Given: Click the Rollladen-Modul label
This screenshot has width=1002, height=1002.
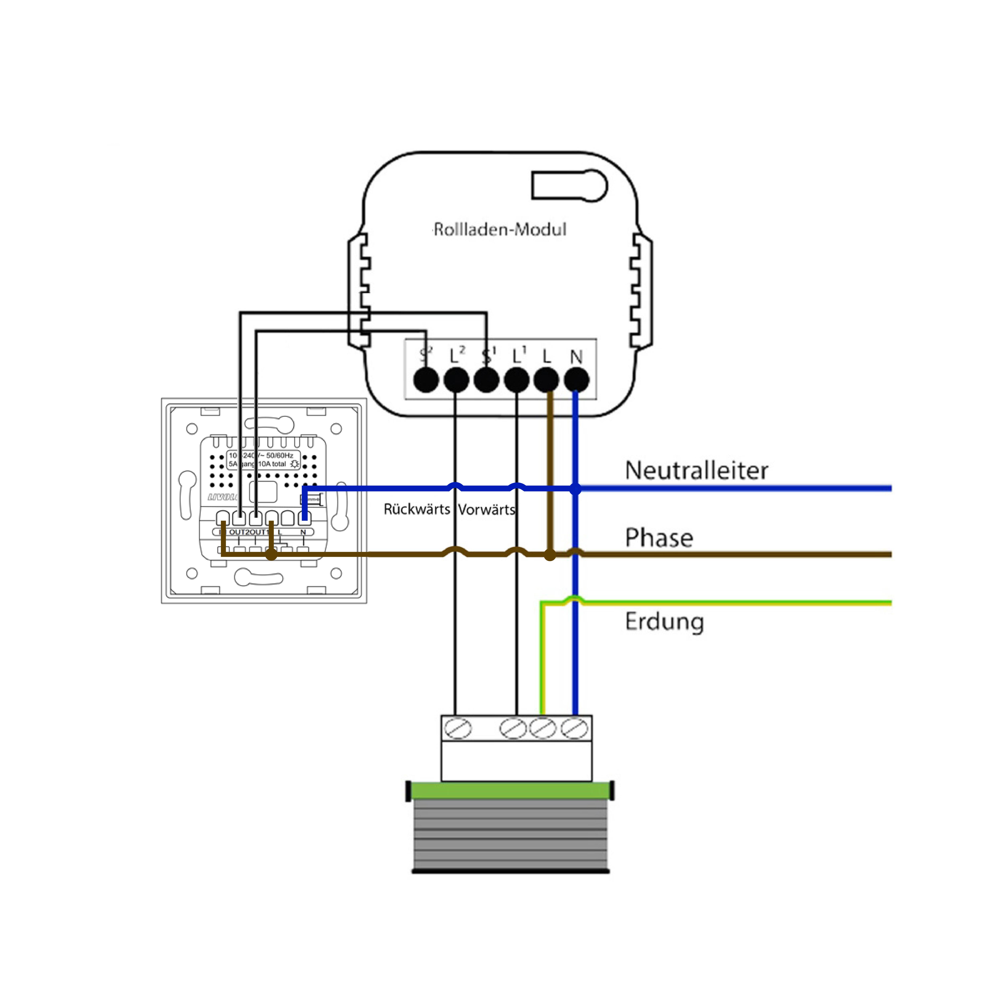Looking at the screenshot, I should [499, 229].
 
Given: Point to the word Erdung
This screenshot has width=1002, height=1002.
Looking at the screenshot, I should [664, 621].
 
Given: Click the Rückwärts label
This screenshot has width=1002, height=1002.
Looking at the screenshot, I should [417, 509].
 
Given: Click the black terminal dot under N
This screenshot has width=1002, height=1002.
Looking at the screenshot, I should [576, 380].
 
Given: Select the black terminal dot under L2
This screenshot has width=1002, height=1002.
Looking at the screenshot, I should [456, 380].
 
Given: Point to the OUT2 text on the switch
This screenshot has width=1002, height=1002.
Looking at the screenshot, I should [239, 532].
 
